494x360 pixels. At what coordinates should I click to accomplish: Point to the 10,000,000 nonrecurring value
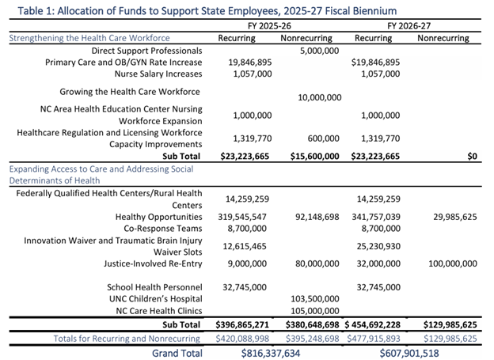click(x=319, y=97)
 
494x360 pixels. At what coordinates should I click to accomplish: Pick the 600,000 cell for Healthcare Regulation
click(x=325, y=137)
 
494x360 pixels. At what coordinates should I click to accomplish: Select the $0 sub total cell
click(x=471, y=156)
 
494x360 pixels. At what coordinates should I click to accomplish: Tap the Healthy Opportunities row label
click(x=158, y=216)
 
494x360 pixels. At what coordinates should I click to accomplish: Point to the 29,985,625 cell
click(x=449, y=216)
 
